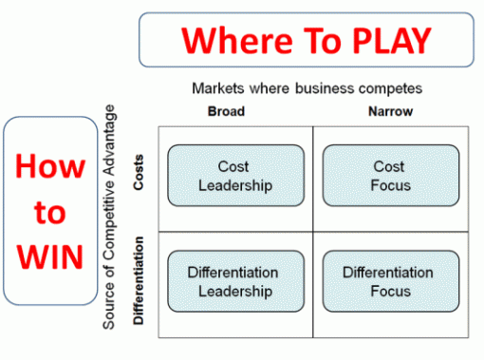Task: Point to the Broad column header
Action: point(226,111)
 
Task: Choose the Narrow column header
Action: point(389,111)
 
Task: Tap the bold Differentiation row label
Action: point(139,282)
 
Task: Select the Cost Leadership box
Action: point(234,176)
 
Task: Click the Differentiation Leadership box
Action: point(234,281)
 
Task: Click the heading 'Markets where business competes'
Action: point(307,89)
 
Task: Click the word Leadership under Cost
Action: point(234,184)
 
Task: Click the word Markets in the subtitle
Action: point(218,89)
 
